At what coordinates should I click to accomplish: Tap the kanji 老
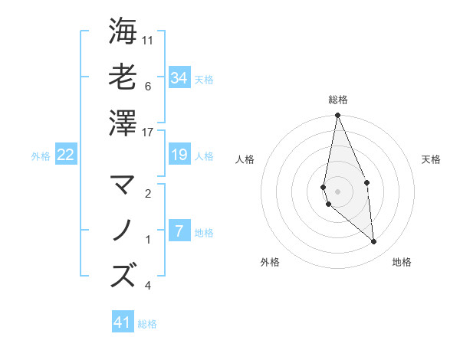click(123, 77)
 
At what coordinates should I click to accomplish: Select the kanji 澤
click(123, 123)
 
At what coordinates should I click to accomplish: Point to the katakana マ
click(123, 185)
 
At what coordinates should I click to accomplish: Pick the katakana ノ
click(123, 230)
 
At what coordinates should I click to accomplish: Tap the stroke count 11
click(148, 40)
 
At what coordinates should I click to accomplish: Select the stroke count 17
click(148, 133)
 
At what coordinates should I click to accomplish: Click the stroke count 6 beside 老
click(147, 87)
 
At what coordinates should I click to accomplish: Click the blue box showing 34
click(179, 78)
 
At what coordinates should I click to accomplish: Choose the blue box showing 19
click(179, 155)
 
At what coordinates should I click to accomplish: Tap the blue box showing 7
click(179, 232)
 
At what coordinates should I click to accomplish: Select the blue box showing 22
click(66, 155)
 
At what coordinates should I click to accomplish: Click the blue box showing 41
click(123, 322)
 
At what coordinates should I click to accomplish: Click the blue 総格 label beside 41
click(147, 324)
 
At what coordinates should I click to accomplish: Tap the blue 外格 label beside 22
click(41, 156)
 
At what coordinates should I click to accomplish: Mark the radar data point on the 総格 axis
click(337, 116)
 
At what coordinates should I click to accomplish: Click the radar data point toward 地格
click(374, 242)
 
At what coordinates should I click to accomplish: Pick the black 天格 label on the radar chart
click(432, 159)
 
